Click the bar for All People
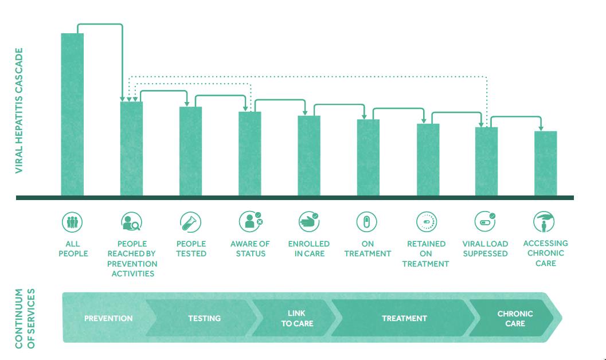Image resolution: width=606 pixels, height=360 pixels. point(72,115)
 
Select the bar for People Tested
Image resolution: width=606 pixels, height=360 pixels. point(190,151)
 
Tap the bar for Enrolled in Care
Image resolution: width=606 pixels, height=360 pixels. point(309,156)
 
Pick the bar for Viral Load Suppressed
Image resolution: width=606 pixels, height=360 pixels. point(486,162)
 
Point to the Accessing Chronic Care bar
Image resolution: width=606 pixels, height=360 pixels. point(545,163)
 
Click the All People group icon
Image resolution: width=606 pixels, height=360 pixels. point(72,222)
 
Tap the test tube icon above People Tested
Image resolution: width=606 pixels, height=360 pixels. point(190,222)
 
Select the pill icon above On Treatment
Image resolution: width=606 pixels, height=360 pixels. point(366,222)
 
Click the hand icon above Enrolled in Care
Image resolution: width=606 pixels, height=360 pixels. point(309,222)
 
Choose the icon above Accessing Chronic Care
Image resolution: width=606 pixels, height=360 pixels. point(544,222)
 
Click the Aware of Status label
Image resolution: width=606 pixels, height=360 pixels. point(250,249)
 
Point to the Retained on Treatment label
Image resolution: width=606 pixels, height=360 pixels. point(425,254)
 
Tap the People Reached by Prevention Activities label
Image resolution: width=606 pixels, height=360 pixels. point(132,259)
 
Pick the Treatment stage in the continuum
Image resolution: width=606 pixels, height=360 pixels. point(404,318)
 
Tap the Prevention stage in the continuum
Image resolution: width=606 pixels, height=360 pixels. point(108,318)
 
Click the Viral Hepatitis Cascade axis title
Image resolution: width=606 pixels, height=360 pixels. point(19,111)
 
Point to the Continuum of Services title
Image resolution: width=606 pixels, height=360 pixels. point(25,319)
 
